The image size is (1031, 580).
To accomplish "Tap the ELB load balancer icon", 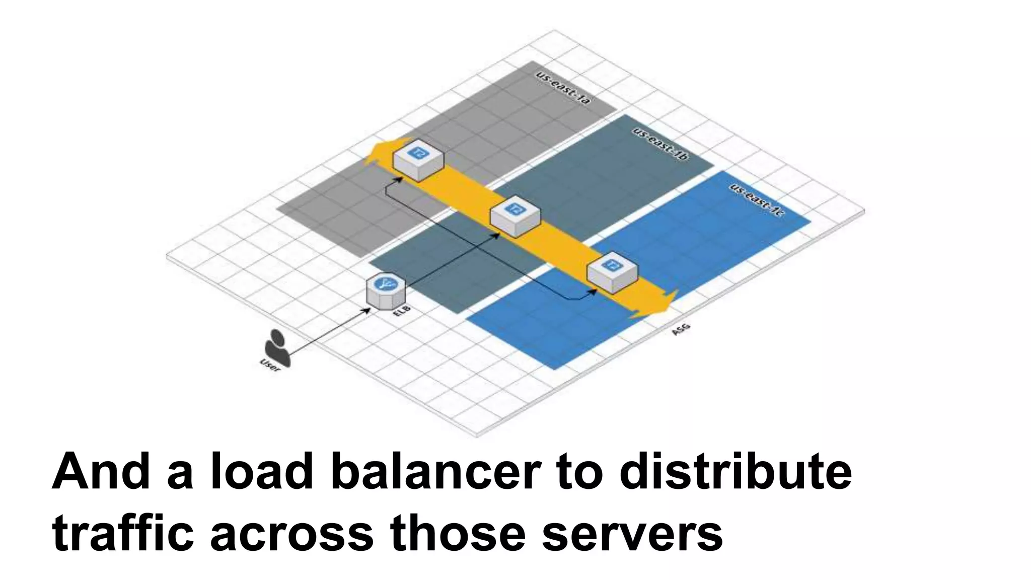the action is (x=386, y=291).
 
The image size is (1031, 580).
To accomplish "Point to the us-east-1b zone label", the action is (x=660, y=144).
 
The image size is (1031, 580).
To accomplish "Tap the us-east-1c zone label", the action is (x=757, y=200).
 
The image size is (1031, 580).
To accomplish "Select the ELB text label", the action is (x=401, y=311).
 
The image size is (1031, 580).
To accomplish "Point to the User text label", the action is (x=269, y=365).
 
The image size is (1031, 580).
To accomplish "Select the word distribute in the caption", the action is (x=735, y=472).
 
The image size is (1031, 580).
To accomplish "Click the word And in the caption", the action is (x=101, y=472).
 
